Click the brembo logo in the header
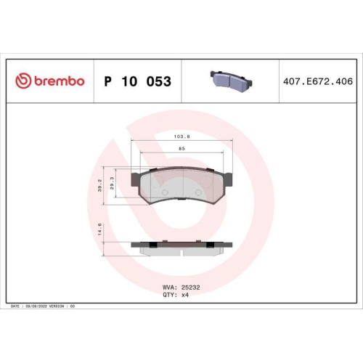(50, 81)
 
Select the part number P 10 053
(138, 81)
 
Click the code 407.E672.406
(314, 81)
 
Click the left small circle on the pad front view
(164, 193)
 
